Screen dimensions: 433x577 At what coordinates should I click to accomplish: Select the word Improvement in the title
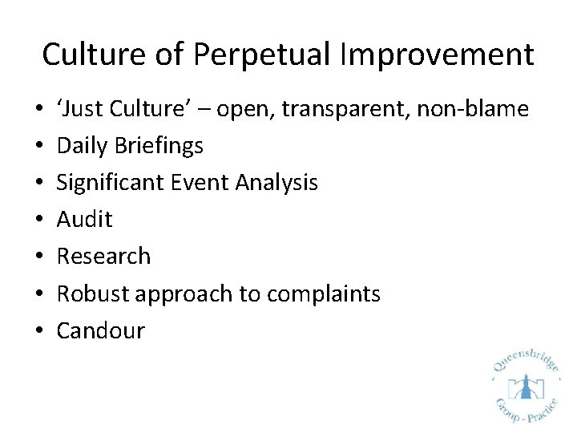437,55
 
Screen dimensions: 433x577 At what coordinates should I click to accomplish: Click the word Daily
85,146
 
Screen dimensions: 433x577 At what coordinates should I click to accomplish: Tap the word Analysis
276,183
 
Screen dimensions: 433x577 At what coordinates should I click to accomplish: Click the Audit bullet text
84,220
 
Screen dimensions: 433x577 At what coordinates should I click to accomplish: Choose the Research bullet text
103,257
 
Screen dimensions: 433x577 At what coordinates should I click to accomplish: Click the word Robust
93,293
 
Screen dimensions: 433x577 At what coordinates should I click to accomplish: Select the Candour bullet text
100,330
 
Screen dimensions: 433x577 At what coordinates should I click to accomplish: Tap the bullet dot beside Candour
40,331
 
